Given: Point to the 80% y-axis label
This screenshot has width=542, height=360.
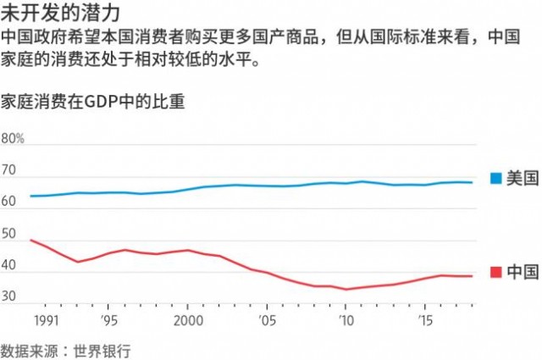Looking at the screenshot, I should click(14, 139).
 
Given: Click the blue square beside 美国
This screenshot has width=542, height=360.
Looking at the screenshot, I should click(495, 178).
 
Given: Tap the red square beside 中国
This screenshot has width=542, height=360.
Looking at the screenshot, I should click(495, 272).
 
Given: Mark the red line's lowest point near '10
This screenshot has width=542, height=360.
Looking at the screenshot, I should click(346, 289).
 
